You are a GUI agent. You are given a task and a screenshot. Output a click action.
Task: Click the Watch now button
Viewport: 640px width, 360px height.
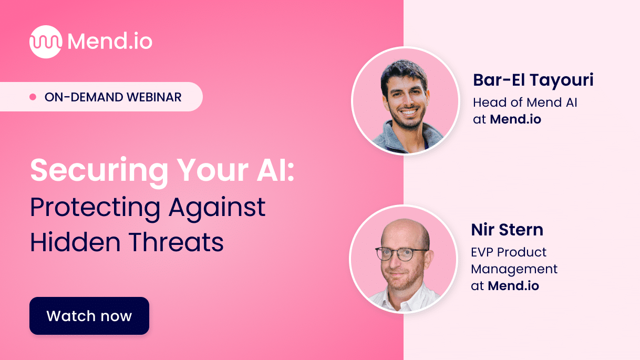[89, 316]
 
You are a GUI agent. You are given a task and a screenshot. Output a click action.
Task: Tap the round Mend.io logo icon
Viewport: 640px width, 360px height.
[46, 42]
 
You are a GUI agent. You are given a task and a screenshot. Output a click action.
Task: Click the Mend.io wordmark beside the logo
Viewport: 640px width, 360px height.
[110, 42]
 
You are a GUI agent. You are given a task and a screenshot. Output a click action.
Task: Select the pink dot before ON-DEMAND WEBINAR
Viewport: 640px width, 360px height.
[33, 97]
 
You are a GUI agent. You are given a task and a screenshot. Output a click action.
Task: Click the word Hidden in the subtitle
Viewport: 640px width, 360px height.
[74, 243]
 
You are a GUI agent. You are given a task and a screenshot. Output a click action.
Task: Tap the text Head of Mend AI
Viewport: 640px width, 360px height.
[525, 102]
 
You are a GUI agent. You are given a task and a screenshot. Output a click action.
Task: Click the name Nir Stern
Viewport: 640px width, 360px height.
[507, 229]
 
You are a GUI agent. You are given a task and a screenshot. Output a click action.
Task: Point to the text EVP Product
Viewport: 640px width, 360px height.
[509, 252]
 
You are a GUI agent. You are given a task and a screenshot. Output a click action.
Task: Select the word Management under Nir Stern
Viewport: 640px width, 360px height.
[514, 269]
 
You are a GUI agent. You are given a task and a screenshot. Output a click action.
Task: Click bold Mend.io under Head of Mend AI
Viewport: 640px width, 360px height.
[515, 119]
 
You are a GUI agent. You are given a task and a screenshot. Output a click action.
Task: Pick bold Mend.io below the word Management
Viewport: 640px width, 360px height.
[513, 286]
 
